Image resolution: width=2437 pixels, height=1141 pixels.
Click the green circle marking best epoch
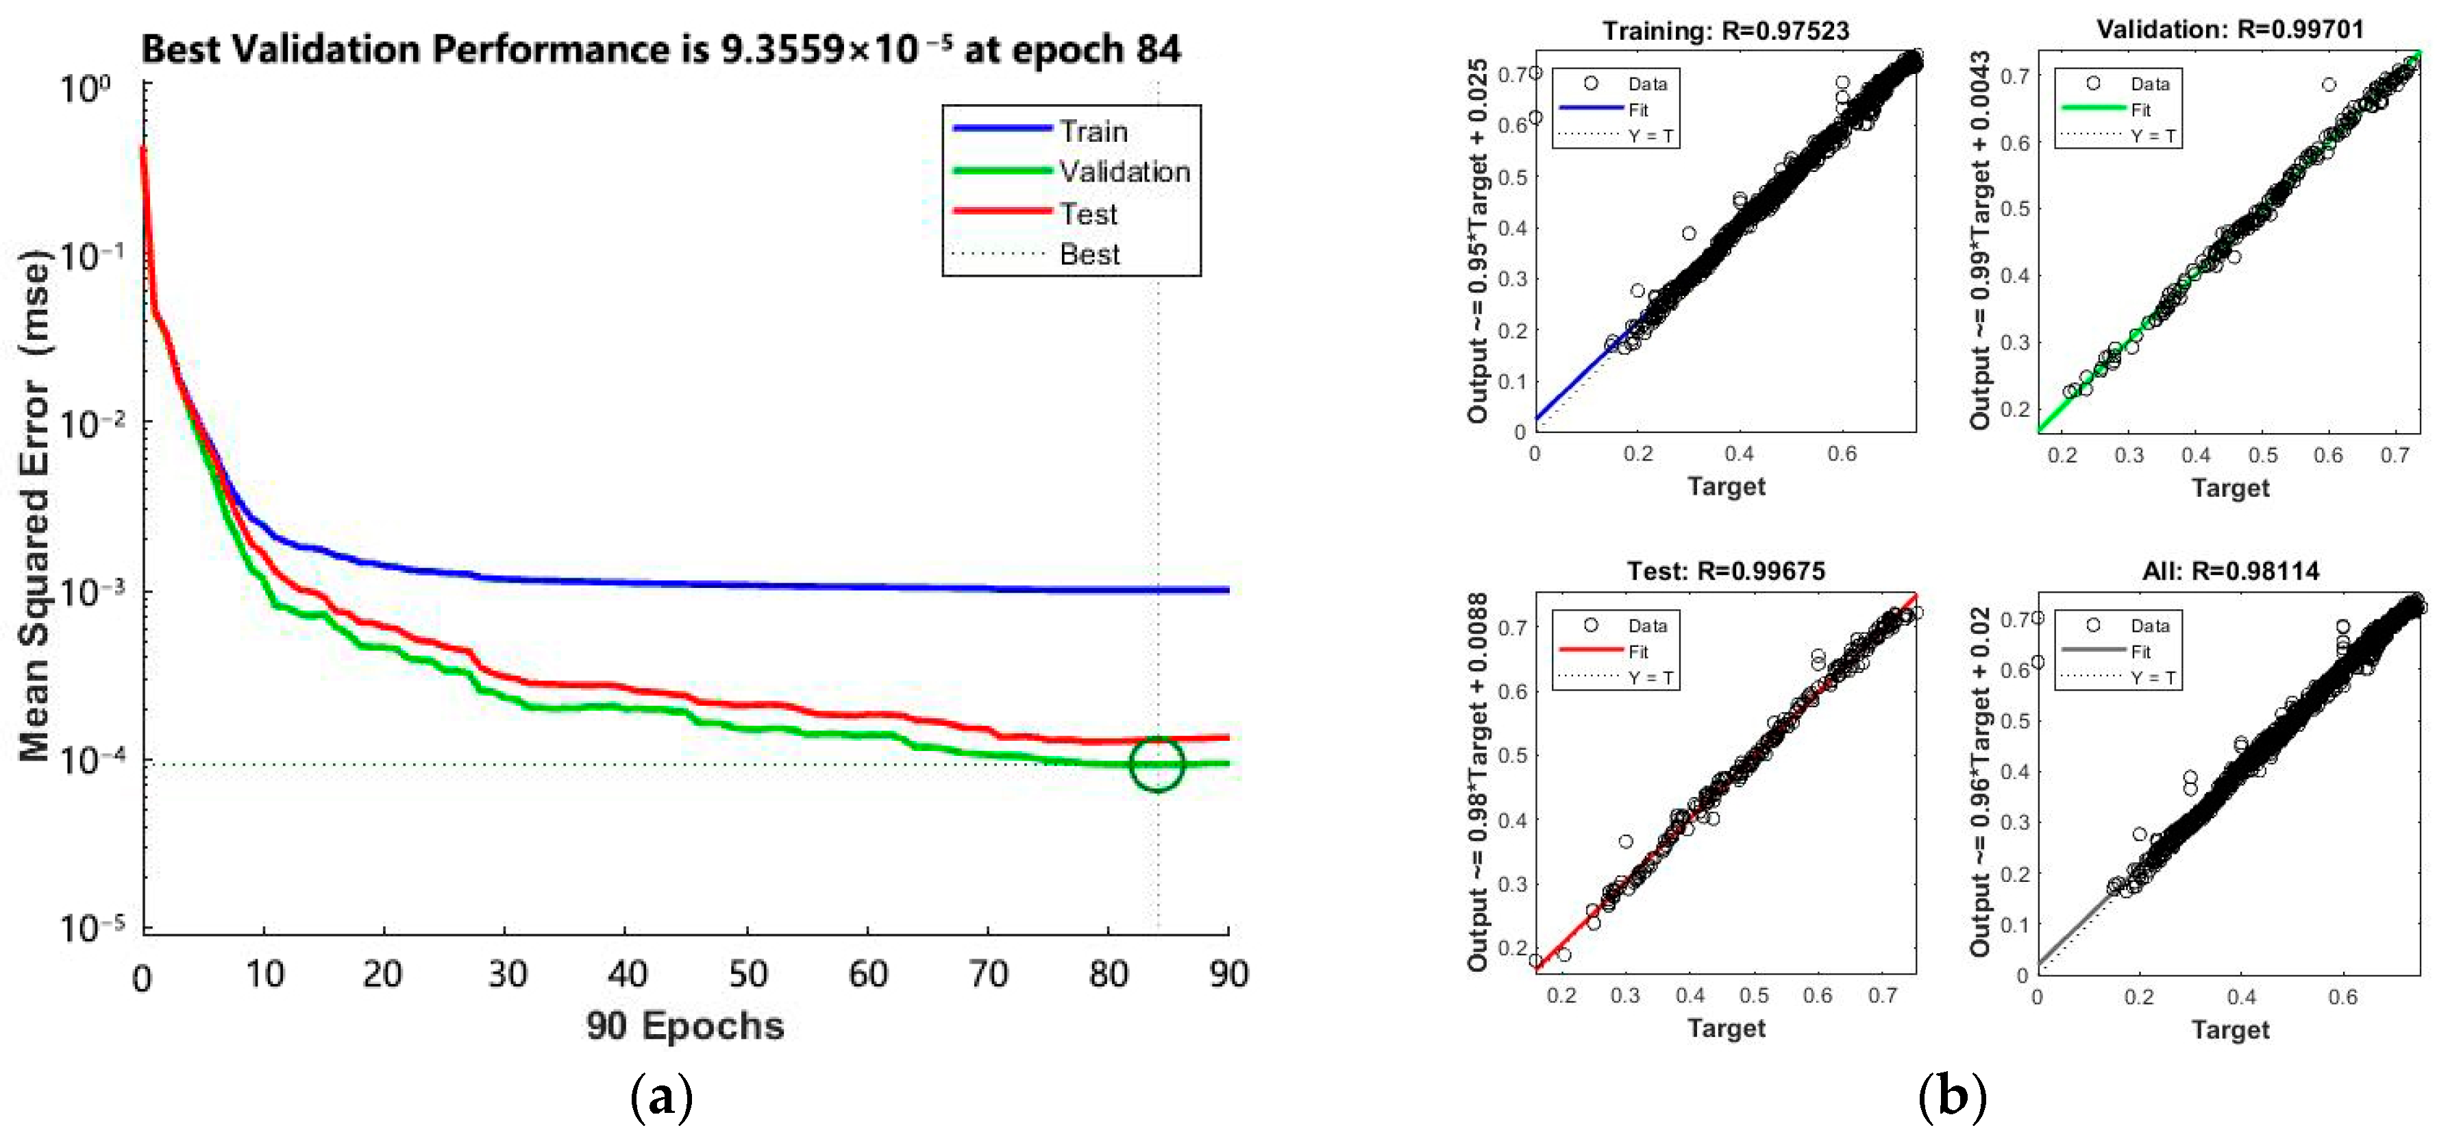[1156, 763]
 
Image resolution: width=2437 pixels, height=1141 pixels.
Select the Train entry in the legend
[1093, 131]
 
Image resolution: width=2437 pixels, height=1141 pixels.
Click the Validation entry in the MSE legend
[1123, 171]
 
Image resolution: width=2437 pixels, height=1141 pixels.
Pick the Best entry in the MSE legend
[1089, 254]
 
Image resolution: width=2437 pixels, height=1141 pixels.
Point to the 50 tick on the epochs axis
[747, 974]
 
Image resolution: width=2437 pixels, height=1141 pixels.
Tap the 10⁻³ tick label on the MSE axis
[92, 592]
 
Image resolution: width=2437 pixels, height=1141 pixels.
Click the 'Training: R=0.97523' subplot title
[1726, 30]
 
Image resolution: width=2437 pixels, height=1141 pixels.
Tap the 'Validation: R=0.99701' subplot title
[2230, 29]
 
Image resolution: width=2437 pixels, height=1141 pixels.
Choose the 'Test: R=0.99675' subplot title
[1726, 570]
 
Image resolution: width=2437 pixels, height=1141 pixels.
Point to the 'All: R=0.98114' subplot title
[2230, 570]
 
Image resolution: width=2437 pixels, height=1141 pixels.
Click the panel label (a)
[661, 1097]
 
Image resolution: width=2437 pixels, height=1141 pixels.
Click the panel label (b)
[1952, 1097]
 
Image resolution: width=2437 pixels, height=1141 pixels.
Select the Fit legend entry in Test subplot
[1637, 651]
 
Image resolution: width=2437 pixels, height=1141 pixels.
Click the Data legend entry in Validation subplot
[2149, 83]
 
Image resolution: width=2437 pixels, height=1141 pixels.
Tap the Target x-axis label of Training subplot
[1726, 487]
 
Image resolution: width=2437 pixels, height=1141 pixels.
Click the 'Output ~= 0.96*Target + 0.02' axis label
[1979, 781]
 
